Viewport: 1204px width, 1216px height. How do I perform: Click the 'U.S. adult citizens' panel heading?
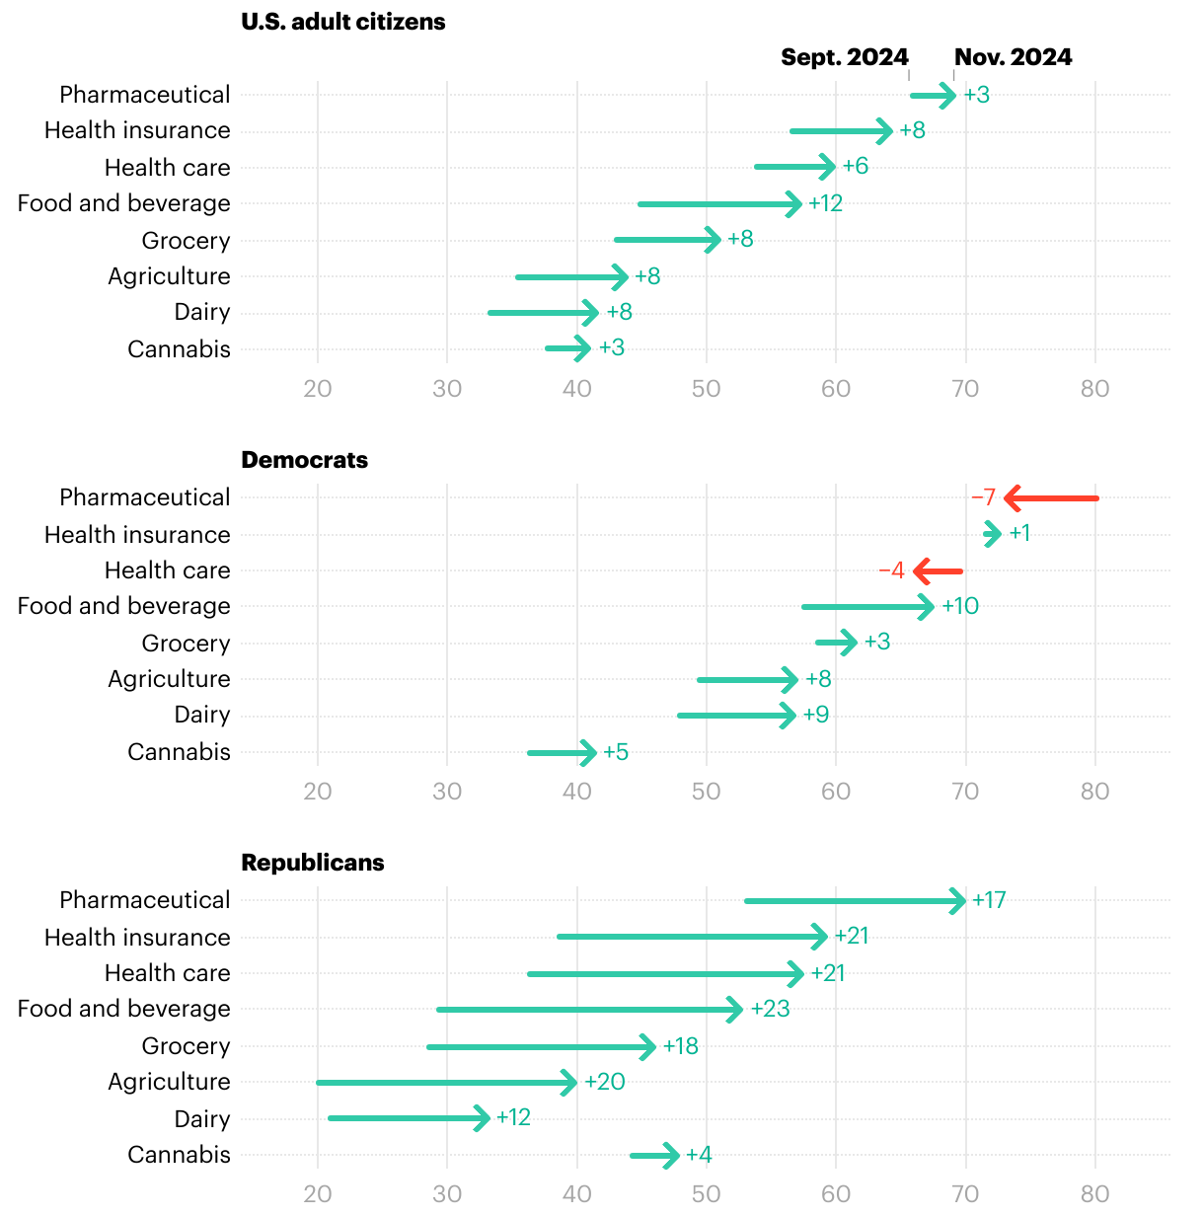click(x=342, y=22)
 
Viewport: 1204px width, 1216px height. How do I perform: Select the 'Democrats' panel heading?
click(x=304, y=460)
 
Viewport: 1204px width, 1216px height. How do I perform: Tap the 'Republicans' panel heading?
click(x=312, y=863)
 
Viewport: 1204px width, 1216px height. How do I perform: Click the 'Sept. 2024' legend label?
click(x=844, y=57)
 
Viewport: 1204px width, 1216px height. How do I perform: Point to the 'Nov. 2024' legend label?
click(x=1013, y=57)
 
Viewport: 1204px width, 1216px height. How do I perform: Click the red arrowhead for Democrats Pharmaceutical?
click(x=1012, y=498)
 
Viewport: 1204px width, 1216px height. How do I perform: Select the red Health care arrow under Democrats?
click(x=938, y=570)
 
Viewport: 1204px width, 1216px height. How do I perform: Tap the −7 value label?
click(x=983, y=497)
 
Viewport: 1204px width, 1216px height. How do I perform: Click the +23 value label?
click(x=770, y=1009)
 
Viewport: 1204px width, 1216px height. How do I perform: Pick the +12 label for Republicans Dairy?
click(x=513, y=1117)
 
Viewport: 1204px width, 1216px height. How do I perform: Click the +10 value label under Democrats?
click(x=960, y=606)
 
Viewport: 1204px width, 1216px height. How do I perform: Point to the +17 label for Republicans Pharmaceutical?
click(x=989, y=900)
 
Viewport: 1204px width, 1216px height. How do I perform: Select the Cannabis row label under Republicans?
click(x=179, y=1155)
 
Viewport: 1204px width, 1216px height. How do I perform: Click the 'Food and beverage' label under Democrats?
click(x=123, y=606)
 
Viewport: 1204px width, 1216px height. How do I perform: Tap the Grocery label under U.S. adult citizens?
click(x=186, y=241)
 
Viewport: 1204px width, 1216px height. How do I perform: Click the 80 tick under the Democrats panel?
click(x=1094, y=792)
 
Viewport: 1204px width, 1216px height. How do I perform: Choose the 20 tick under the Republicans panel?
click(x=318, y=1194)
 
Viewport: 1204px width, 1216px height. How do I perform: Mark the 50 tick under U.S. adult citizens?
click(x=706, y=389)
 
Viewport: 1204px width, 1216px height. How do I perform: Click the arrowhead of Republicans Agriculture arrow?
click(x=569, y=1083)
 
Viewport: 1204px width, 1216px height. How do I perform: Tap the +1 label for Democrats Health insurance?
click(x=1019, y=534)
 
